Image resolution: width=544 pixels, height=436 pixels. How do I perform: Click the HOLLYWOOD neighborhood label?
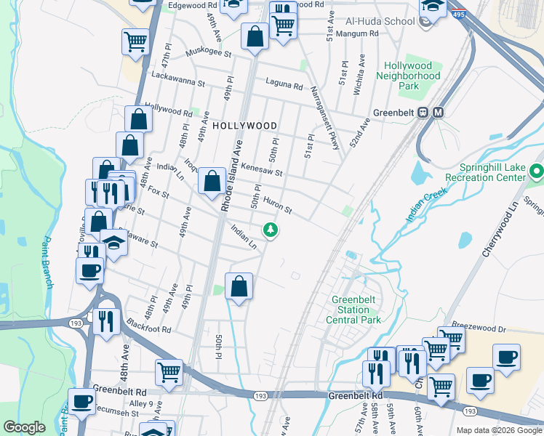click(245, 126)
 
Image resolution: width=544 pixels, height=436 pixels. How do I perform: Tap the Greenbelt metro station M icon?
click(438, 113)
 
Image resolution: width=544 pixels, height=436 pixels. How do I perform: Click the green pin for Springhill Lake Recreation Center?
click(537, 172)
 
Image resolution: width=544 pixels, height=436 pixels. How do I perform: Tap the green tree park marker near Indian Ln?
click(271, 230)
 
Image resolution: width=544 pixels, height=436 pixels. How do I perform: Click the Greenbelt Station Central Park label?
click(356, 310)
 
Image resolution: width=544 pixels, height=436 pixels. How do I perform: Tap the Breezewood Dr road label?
click(477, 328)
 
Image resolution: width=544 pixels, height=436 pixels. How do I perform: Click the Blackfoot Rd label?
click(147, 328)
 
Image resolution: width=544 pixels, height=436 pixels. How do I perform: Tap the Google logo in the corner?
click(24, 427)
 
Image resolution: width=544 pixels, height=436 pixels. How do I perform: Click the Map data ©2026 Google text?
click(498, 430)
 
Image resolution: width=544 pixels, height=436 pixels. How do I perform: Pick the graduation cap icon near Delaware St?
click(114, 241)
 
